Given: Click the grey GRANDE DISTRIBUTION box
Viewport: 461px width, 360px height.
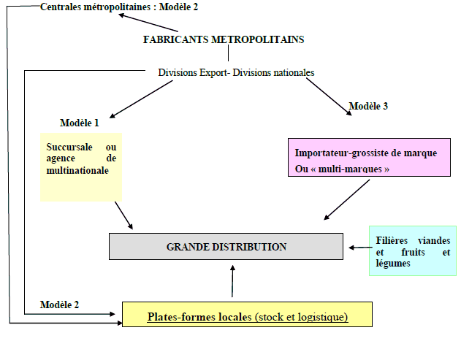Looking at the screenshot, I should pyautogui.click(x=226, y=247).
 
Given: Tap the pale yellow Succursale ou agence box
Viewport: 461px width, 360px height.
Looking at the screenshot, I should pyautogui.click(x=81, y=166).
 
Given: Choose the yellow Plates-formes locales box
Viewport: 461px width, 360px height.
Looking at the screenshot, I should pyautogui.click(x=247, y=315).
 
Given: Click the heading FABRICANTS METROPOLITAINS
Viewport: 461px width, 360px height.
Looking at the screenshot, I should pyautogui.click(x=223, y=39).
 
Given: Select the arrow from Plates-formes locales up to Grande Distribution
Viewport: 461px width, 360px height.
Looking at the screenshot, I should pyautogui.click(x=232, y=281).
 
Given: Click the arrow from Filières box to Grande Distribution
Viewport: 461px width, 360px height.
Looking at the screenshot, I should pyautogui.click(x=357, y=248).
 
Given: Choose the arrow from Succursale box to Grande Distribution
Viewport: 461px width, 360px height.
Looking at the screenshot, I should pyautogui.click(x=124, y=215).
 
